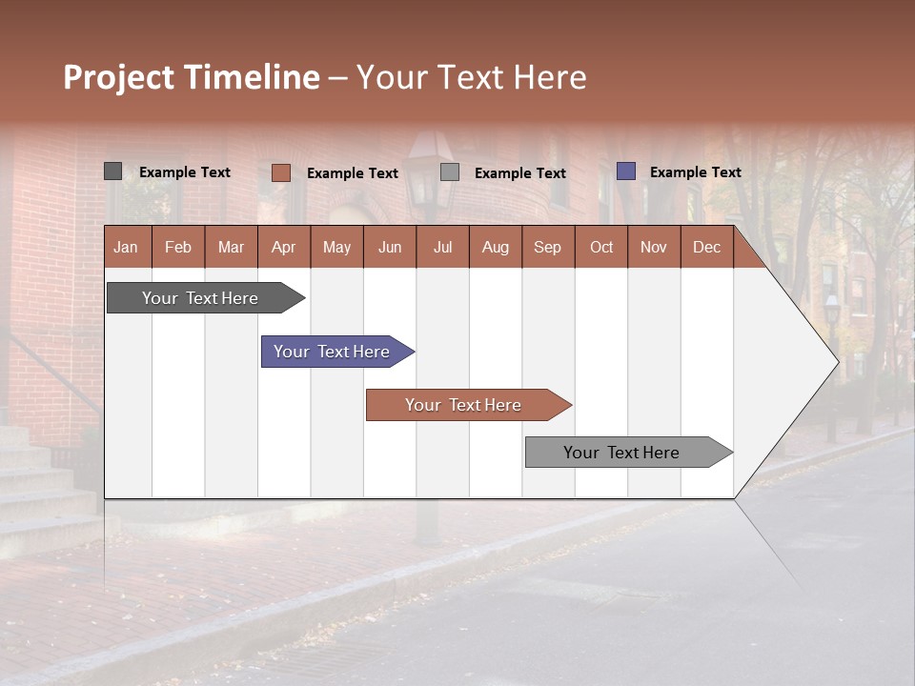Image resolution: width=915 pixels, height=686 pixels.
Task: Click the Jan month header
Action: [126, 247]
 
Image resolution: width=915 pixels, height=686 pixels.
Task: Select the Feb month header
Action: [178, 247]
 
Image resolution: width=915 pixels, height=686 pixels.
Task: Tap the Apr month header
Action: [283, 247]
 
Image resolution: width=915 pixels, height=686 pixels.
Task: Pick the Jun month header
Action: [390, 247]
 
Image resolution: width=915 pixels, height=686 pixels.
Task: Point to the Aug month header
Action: [495, 247]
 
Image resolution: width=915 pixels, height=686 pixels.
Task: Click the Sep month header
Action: [547, 247]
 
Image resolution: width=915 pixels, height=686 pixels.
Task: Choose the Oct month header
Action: [601, 247]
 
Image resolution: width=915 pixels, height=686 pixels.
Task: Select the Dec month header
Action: [706, 247]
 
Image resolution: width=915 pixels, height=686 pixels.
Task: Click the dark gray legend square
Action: [112, 171]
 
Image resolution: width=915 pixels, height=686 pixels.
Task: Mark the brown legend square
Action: [280, 172]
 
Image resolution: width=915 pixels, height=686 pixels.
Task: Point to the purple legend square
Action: [625, 171]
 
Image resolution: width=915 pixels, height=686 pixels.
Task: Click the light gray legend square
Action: [450, 172]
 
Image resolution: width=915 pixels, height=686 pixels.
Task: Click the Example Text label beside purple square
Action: [695, 172]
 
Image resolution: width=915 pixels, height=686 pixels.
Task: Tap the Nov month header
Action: [654, 247]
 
